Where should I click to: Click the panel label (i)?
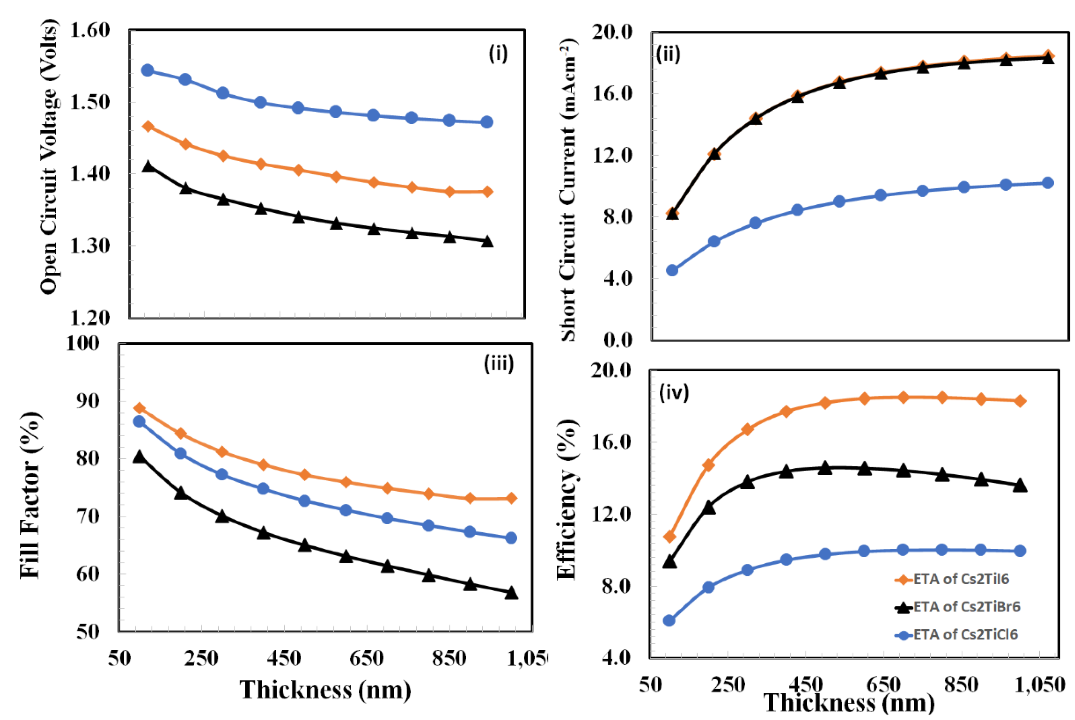[x=498, y=54]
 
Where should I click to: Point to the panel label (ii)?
[x=668, y=55]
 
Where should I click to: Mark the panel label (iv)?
[x=674, y=393]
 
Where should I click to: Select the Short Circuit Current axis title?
[x=568, y=189]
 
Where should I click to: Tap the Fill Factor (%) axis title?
[x=30, y=495]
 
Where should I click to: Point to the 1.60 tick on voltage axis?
[x=90, y=30]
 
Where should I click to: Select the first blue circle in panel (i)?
[x=148, y=70]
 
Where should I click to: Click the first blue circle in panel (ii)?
[x=672, y=270]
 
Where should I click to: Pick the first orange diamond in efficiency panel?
[x=670, y=536]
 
